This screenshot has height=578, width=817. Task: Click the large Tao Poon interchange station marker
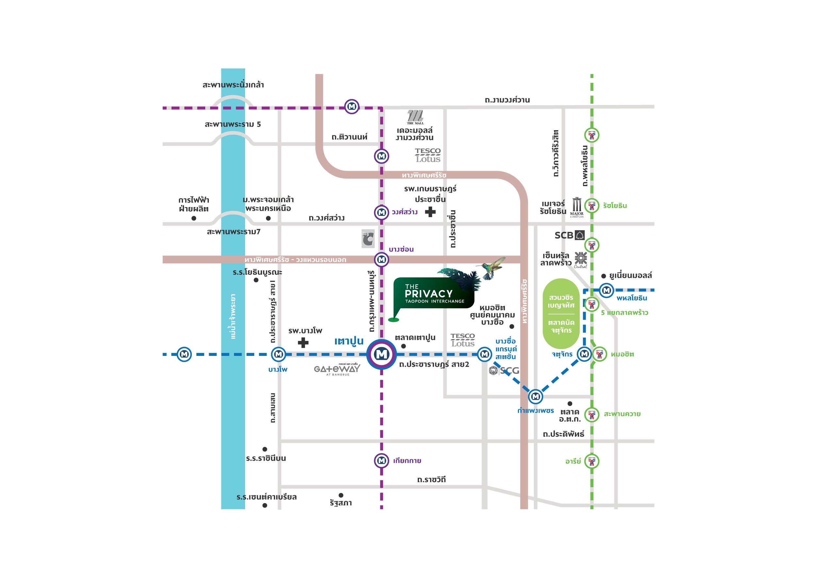click(381, 354)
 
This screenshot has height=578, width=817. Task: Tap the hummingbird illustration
click(493, 268)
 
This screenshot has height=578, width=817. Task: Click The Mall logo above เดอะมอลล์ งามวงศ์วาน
click(415, 117)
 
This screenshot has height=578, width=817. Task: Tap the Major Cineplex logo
click(577, 206)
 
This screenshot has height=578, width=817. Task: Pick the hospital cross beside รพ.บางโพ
click(303, 342)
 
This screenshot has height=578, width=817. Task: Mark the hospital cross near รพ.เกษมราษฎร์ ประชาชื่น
click(430, 212)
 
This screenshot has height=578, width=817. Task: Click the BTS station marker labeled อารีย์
click(592, 461)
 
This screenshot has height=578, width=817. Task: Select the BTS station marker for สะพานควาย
click(592, 414)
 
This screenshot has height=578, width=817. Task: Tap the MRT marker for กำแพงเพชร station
click(535, 396)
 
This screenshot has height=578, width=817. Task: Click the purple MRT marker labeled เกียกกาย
click(381, 461)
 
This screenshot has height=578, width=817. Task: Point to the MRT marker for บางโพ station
click(279, 354)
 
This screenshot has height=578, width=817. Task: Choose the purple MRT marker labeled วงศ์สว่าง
click(381, 213)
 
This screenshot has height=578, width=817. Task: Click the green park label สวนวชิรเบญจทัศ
click(561, 301)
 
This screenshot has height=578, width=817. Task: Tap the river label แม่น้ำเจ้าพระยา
click(233, 316)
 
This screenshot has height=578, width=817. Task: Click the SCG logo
click(505, 371)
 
